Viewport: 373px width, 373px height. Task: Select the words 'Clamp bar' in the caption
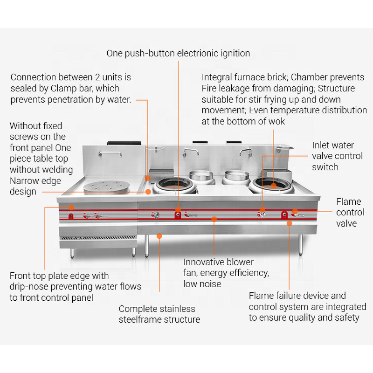point(99,88)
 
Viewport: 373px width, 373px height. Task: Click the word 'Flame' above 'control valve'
point(349,201)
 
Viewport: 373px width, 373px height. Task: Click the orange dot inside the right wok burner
point(274,185)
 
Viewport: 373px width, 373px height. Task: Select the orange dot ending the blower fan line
point(214,218)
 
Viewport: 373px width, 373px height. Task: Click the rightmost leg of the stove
point(301,245)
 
